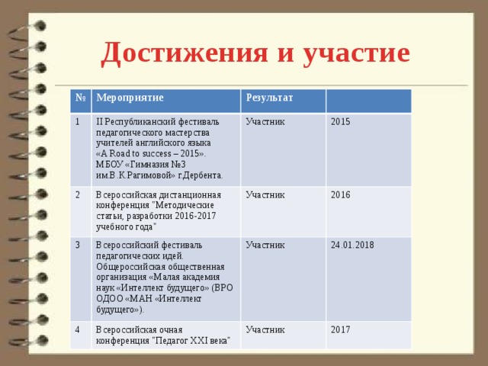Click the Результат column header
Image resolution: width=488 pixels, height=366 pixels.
[x=270, y=99]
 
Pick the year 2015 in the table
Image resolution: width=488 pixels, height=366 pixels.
[x=341, y=122]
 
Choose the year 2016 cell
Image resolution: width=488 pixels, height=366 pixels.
[x=341, y=195]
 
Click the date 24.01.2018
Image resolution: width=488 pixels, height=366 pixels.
[x=352, y=246]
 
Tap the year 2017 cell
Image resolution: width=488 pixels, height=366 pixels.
[x=341, y=329]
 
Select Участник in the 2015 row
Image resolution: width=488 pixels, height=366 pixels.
[x=265, y=122]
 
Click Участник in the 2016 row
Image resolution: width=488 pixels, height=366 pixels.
[x=265, y=195]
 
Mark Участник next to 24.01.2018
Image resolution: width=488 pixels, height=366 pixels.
[x=265, y=246]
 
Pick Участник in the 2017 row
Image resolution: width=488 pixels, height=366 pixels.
[x=265, y=329]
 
